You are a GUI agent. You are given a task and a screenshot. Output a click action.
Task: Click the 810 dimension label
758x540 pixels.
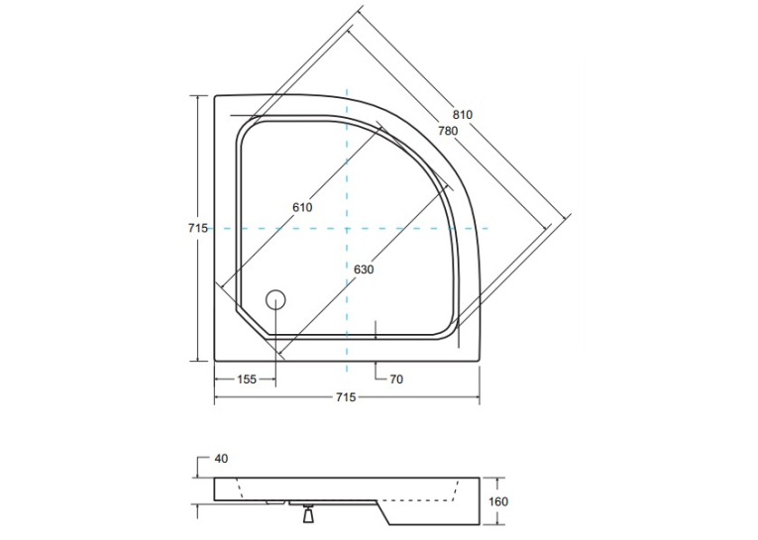click(462, 115)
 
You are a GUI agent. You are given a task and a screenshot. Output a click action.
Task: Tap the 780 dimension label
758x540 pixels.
click(448, 131)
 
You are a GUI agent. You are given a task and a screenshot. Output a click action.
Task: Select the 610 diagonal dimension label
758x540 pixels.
click(302, 207)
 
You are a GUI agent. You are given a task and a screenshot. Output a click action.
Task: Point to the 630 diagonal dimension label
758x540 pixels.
click(364, 270)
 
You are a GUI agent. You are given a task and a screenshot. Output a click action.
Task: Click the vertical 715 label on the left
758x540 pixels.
click(198, 228)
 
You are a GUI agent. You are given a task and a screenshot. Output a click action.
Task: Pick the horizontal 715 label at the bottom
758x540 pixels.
click(346, 397)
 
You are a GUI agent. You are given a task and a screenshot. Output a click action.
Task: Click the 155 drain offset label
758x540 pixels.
click(247, 379)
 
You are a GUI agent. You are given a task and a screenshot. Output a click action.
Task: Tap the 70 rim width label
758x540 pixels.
click(396, 379)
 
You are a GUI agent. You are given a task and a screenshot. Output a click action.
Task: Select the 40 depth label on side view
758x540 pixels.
click(221, 459)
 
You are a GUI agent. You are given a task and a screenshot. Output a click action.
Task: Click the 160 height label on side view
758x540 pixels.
click(498, 501)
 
